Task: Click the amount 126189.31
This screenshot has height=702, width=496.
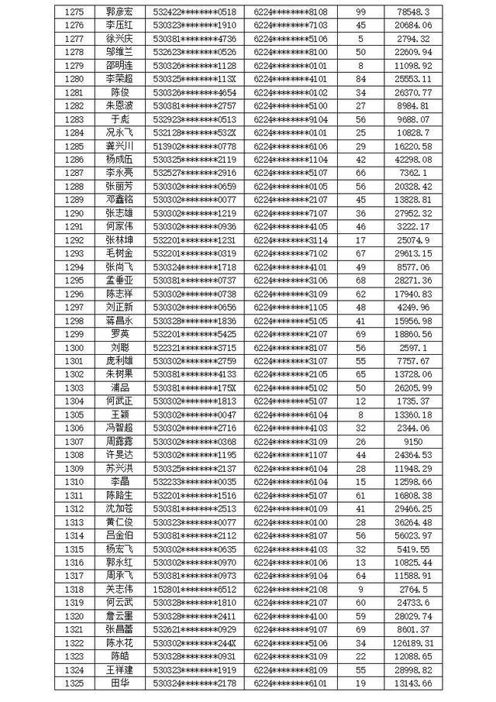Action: (412, 643)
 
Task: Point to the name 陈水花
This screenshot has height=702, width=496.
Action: (119, 643)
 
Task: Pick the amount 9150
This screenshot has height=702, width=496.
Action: (412, 441)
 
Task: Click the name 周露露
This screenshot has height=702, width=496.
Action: (119, 441)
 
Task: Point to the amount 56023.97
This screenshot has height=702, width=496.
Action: (412, 535)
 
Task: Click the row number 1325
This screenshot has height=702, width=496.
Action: (74, 683)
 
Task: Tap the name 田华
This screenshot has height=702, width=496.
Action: (119, 683)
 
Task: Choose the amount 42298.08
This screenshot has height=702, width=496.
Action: (412, 160)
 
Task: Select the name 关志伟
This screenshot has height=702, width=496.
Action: (119, 589)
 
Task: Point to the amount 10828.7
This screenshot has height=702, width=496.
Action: (412, 132)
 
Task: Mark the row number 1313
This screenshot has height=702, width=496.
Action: (74, 521)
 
